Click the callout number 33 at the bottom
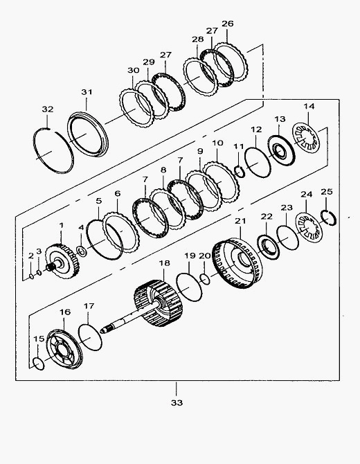[177, 403]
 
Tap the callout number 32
[47, 109]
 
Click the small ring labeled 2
[31, 276]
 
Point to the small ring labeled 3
[39, 272]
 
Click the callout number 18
[165, 262]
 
